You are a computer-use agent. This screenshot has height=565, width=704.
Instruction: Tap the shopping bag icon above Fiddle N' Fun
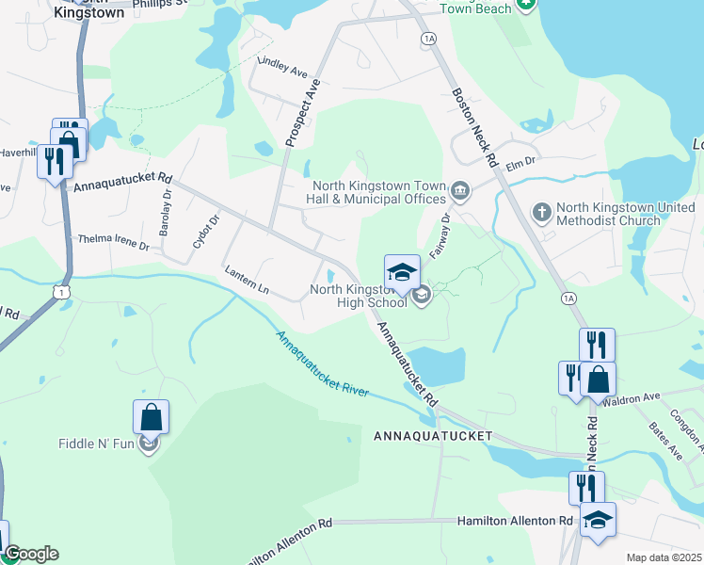click(151, 415)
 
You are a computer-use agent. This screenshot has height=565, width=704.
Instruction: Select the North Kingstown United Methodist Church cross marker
click(541, 213)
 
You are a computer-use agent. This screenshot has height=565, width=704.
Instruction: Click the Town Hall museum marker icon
click(460, 192)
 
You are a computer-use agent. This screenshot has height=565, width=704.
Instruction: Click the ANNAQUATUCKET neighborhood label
click(433, 437)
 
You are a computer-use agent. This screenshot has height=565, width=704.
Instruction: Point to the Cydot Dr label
click(205, 231)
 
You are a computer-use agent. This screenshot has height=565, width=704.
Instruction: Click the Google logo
click(32, 555)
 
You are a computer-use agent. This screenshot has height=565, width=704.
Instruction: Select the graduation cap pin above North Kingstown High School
click(402, 272)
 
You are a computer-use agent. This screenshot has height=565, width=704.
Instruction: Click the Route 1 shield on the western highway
click(62, 294)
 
